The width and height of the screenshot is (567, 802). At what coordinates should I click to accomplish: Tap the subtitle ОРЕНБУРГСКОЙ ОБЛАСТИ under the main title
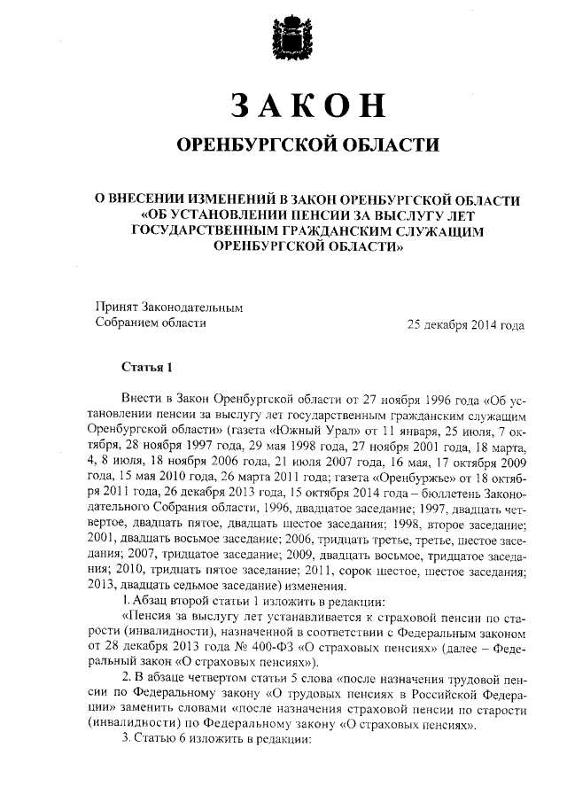(307, 144)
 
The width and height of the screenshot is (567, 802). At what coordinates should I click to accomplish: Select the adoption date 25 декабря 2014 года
(465, 324)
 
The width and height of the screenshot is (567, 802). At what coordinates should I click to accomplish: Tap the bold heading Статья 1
(142, 367)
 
